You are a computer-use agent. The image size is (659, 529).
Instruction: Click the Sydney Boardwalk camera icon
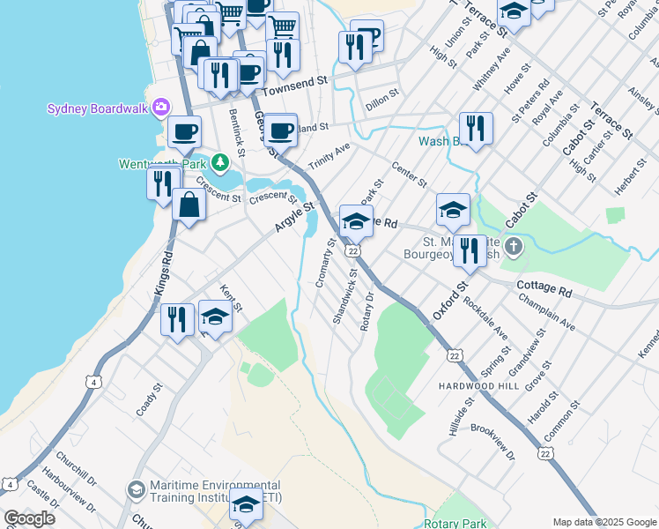click(160, 108)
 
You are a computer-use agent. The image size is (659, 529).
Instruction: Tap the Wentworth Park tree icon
click(219, 163)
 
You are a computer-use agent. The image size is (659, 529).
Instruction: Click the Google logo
click(29, 518)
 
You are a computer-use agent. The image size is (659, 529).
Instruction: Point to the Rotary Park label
click(455, 523)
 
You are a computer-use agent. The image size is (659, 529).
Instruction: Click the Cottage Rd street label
click(545, 287)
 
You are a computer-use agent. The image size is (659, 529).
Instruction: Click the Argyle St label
click(294, 216)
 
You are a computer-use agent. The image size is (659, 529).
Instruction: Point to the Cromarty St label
click(323, 263)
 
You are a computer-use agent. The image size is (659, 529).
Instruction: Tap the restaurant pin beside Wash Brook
click(476, 128)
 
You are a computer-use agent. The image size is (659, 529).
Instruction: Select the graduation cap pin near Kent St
click(215, 316)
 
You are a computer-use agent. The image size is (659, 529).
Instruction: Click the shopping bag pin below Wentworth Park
click(189, 205)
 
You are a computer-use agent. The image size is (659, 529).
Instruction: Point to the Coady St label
click(149, 399)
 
